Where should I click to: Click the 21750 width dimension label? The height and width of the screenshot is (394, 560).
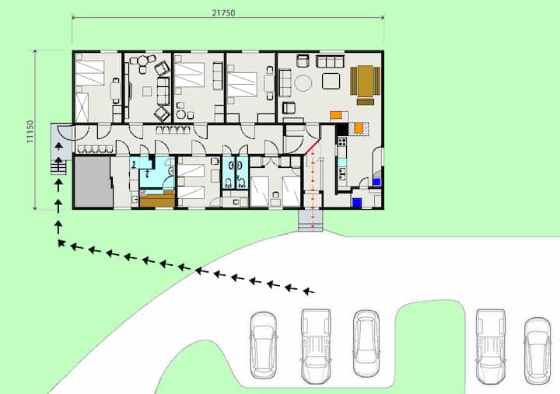tap(223, 13)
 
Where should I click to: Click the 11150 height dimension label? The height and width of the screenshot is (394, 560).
tap(30, 131)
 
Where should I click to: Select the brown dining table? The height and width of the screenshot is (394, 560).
tap(365, 81)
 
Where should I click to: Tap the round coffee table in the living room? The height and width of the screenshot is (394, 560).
tap(303, 83)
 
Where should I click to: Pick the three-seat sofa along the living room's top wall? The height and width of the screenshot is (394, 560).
tap(330, 61)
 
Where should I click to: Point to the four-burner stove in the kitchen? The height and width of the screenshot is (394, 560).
tap(341, 142)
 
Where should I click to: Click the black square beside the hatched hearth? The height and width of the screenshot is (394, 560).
tap(341, 129)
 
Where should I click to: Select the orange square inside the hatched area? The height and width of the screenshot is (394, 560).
tap(359, 127)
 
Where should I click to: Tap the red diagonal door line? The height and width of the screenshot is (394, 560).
tap(312, 147)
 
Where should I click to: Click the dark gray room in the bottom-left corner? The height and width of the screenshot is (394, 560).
tap(93, 182)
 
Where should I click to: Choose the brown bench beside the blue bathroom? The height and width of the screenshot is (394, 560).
tap(157, 199)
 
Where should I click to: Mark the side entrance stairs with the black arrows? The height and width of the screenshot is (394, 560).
tap(58, 167)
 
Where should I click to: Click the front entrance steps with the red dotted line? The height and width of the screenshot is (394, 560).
tap(310, 221)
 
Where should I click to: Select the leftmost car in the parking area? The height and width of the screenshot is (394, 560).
tap(263, 345)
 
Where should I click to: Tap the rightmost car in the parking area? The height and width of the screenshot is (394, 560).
tap(537, 350)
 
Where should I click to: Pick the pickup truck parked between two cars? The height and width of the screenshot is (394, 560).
tap(316, 346)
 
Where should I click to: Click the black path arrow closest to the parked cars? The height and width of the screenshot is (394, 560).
tap(309, 291)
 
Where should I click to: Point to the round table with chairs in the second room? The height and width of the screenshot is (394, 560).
tap(142, 61)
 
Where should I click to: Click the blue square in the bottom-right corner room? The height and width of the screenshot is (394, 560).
tap(357, 203)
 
